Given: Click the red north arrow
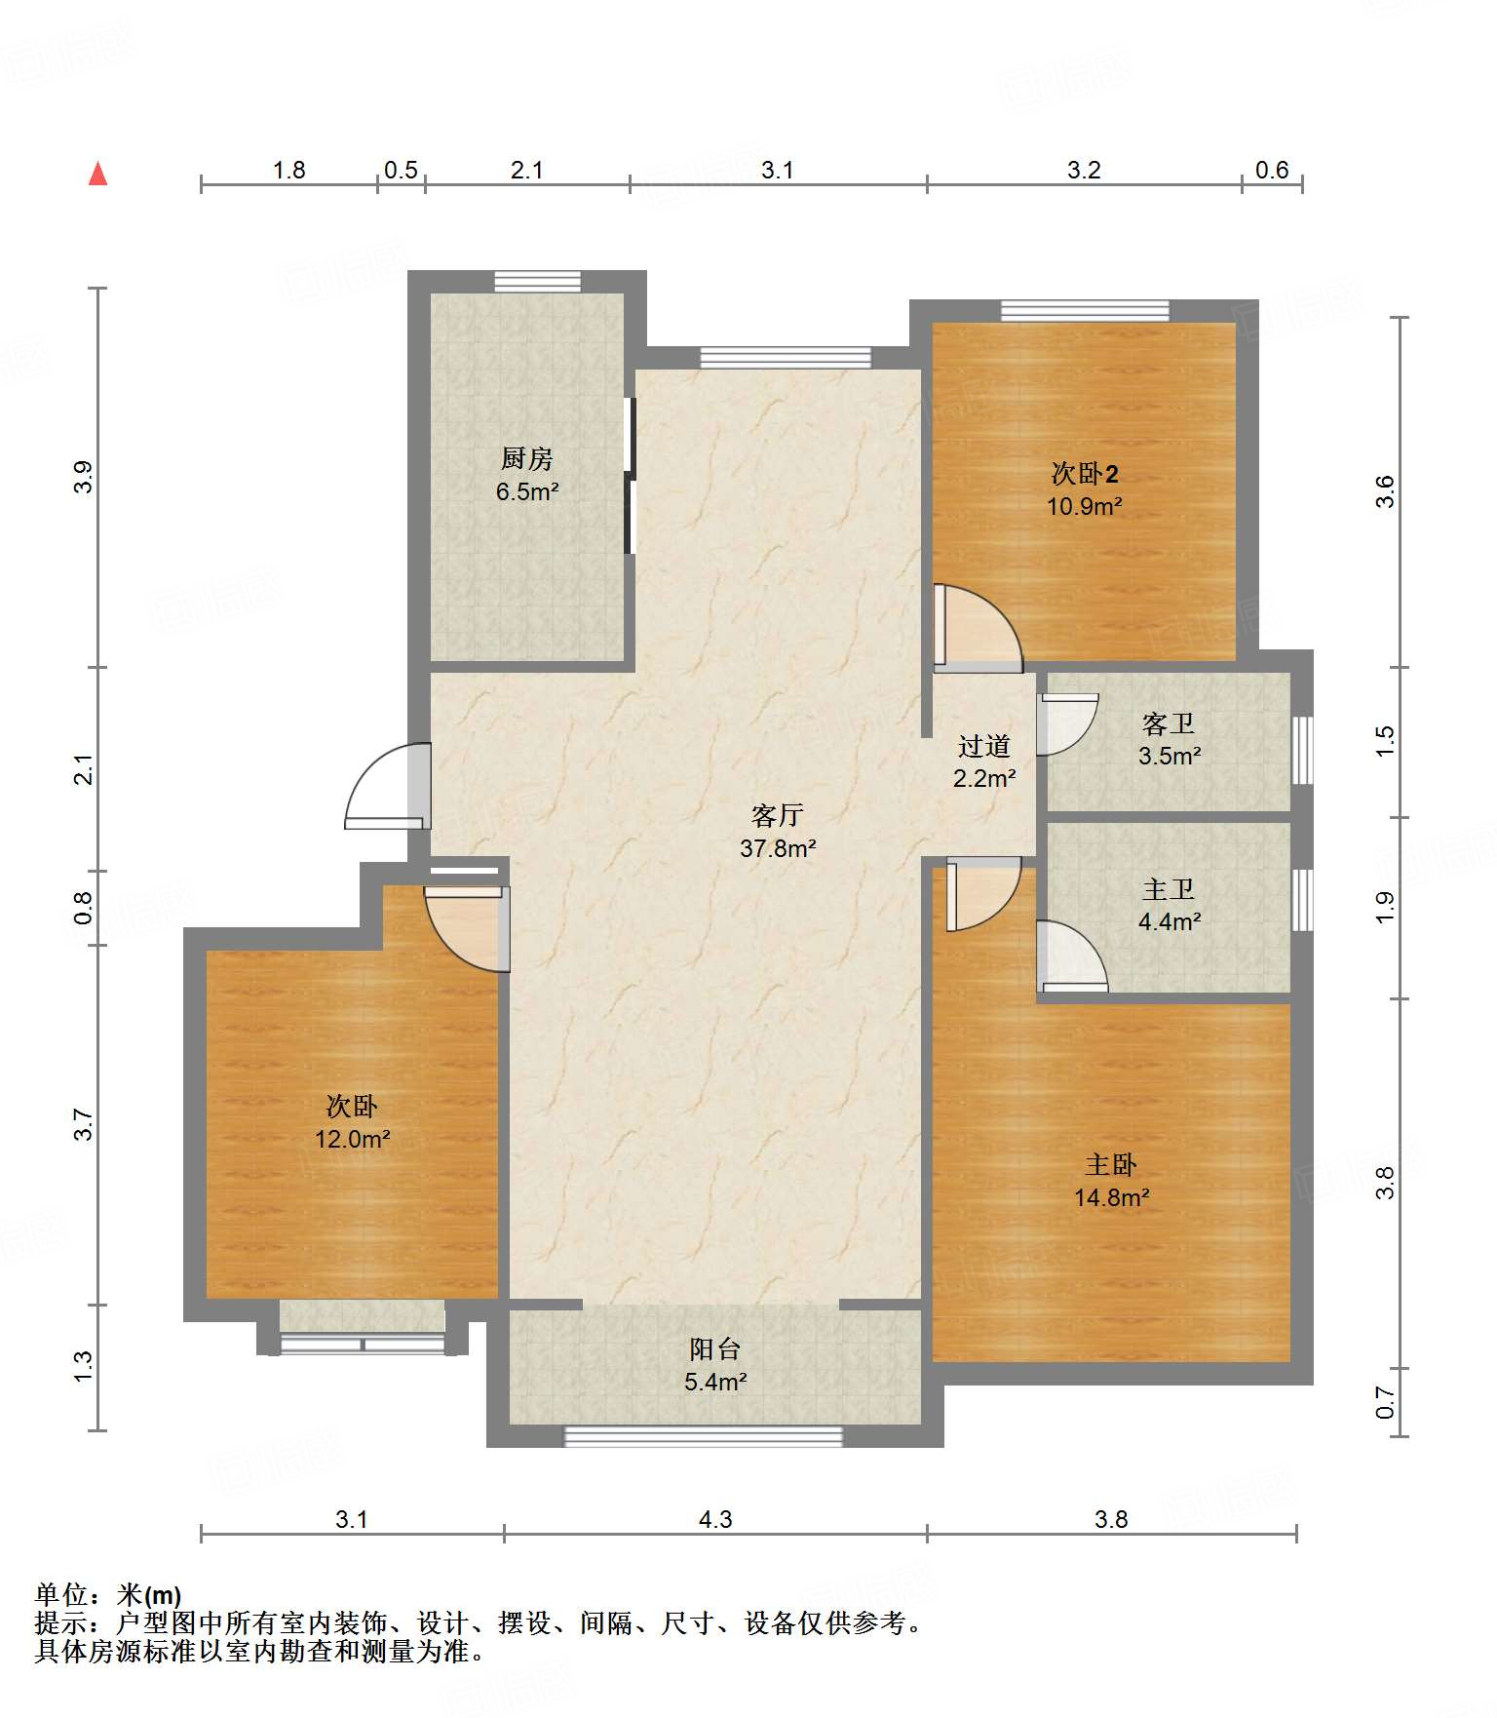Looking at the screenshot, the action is pyautogui.click(x=97, y=174).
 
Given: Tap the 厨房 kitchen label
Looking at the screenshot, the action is pyautogui.click(x=527, y=457).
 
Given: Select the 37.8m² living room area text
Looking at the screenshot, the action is pyautogui.click(x=778, y=848).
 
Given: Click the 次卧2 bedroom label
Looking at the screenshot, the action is pyautogui.click(x=1085, y=474).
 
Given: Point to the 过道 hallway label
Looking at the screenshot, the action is pyautogui.click(x=984, y=746).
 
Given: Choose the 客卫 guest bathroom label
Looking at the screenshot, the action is pyautogui.click(x=1169, y=723).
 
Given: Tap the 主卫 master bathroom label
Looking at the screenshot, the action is pyautogui.click(x=1169, y=889).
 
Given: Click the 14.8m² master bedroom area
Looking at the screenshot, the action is pyautogui.click(x=1112, y=1197).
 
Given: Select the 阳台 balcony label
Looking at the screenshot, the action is pyautogui.click(x=715, y=1348).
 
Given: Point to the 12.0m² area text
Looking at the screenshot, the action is pyautogui.click(x=353, y=1139).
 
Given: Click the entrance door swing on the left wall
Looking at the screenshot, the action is pyautogui.click(x=388, y=786).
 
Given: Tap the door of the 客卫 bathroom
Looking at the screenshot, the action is pyautogui.click(x=1067, y=724).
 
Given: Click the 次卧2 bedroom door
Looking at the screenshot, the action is pyautogui.click(x=978, y=628).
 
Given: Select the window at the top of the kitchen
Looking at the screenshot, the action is pyautogui.click(x=537, y=282).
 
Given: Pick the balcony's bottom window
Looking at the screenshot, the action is pyautogui.click(x=703, y=1436).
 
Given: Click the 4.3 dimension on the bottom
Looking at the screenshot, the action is pyautogui.click(x=715, y=1519).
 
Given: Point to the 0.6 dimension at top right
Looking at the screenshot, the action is pyautogui.click(x=1272, y=170).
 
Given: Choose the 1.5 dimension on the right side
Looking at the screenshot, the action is pyautogui.click(x=1385, y=741).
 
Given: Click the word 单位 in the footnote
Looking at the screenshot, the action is pyautogui.click(x=61, y=1595).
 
